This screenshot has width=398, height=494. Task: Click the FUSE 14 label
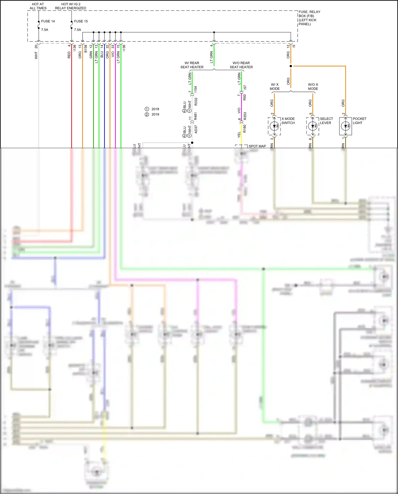[x=48, y=21]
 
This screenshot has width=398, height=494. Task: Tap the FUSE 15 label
[x=81, y=21]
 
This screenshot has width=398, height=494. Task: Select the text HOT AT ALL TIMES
[x=38, y=6]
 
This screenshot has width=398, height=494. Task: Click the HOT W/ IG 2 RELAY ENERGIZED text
[x=70, y=6]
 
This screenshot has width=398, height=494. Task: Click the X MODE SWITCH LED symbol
[x=274, y=126]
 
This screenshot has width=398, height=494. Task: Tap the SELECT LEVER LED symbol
[x=313, y=126]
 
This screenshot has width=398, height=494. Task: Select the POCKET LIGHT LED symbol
[x=345, y=126]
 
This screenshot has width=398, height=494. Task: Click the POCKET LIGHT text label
[x=359, y=121]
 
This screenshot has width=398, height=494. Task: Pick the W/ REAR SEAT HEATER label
[x=192, y=65]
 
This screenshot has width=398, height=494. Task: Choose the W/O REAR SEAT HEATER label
[x=241, y=65]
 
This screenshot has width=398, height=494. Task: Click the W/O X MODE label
[x=313, y=87]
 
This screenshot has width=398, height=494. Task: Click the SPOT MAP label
[x=257, y=146]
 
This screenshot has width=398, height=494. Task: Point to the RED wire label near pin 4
[x=69, y=55]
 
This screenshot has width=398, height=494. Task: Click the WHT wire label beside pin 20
[x=36, y=55]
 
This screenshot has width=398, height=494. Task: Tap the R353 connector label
[x=245, y=116]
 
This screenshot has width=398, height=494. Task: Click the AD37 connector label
[x=196, y=129]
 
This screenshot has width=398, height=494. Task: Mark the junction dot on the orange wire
[x=291, y=66]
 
